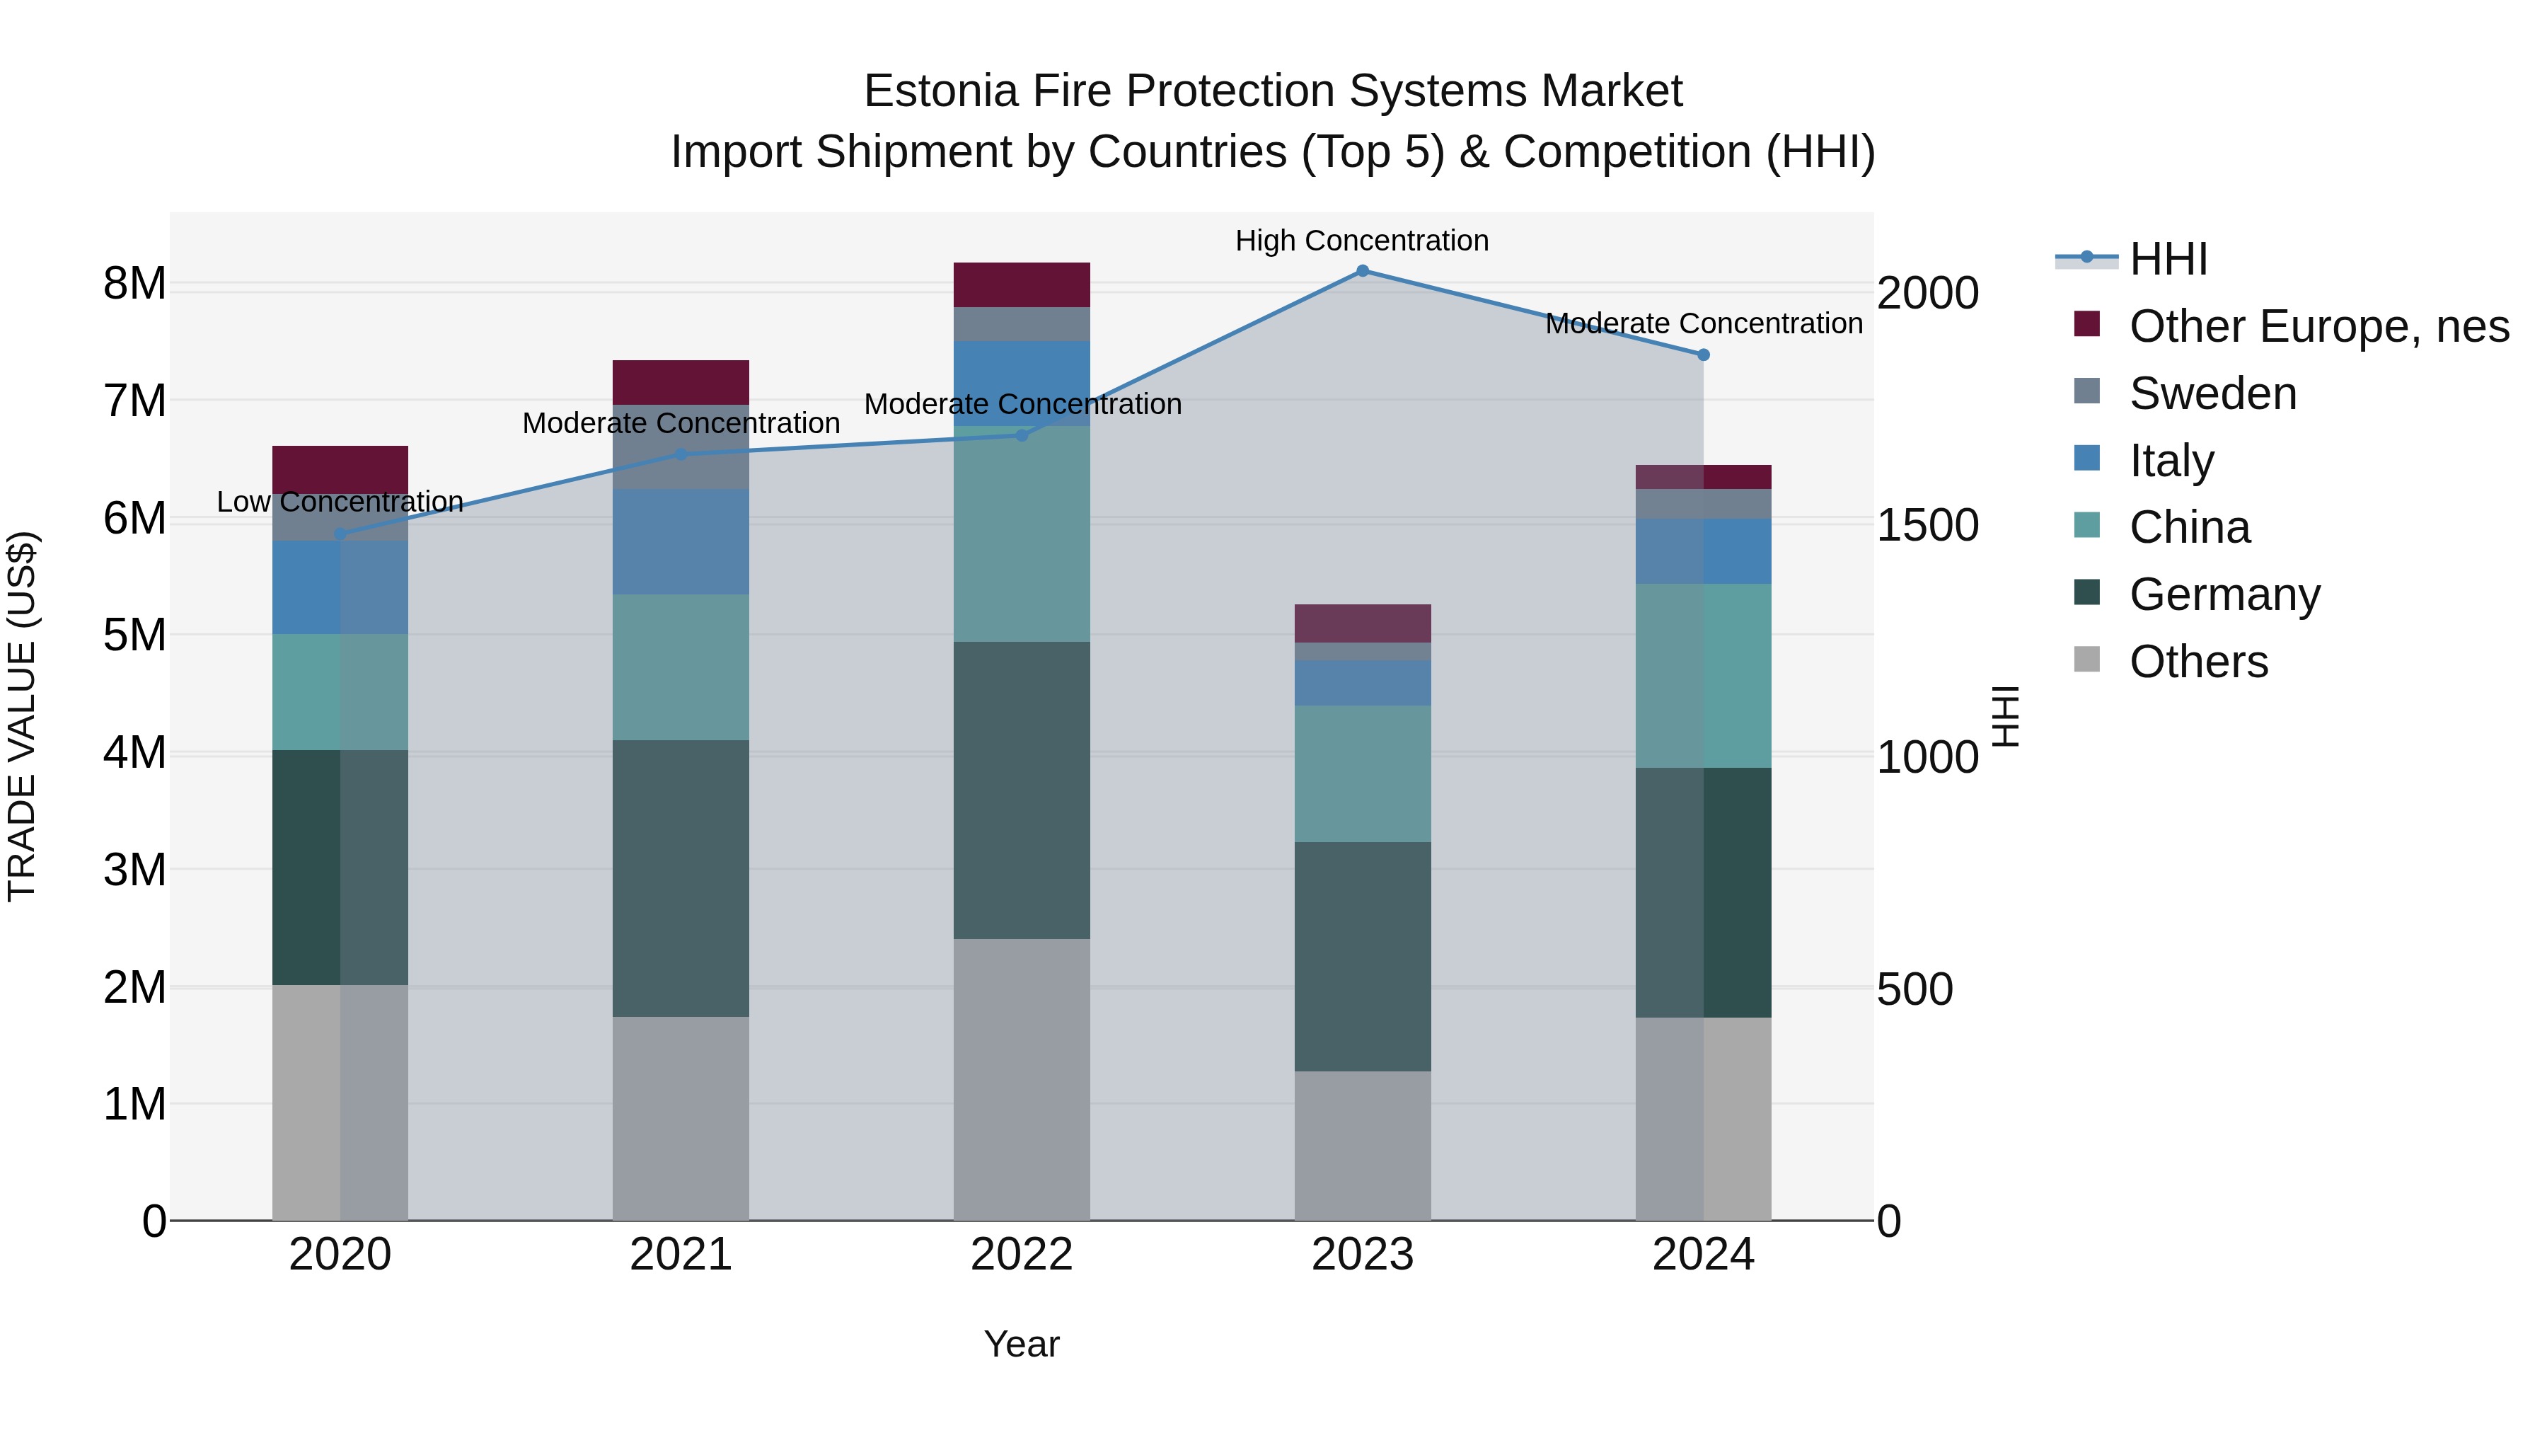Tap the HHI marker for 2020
click(340, 534)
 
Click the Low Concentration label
click(340, 502)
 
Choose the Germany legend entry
click(2224, 594)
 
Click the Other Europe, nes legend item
click(2318, 326)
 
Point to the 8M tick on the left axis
click(134, 284)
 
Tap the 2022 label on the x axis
click(1022, 1255)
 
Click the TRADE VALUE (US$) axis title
click(22, 716)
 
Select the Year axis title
click(1022, 1344)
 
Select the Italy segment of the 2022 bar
click(1022, 383)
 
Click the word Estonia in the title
click(940, 91)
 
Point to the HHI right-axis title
click(2005, 716)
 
